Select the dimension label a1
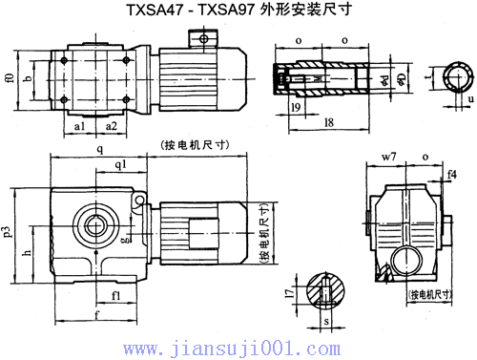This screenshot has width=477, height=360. [80, 125]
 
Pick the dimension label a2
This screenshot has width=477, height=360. [112, 125]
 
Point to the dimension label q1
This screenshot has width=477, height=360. [121, 164]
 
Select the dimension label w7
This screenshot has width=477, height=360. [387, 155]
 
